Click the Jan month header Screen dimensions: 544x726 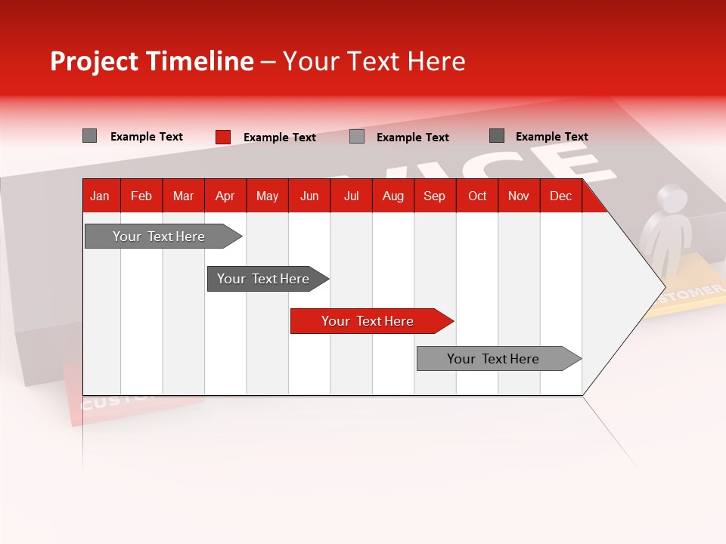click(100, 196)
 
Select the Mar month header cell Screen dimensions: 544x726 click(183, 196)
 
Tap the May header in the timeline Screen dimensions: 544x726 click(267, 196)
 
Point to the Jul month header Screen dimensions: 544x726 click(351, 196)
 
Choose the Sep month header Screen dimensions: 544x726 click(434, 196)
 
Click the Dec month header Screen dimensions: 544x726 click(560, 196)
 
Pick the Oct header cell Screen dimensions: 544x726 click(477, 196)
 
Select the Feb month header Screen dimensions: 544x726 click(141, 196)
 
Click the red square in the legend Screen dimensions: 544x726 click(223, 137)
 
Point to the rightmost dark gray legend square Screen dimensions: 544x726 click(497, 136)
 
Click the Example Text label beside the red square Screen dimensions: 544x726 click(279, 138)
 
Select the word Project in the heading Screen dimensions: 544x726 click(95, 61)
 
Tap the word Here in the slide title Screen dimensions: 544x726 click(436, 61)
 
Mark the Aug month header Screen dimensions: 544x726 click(392, 196)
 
